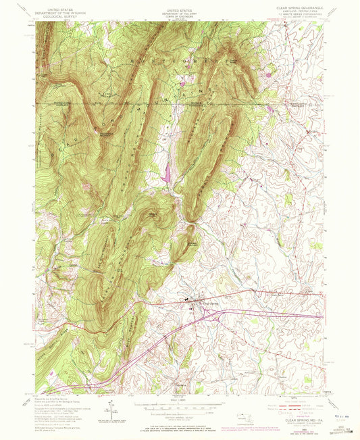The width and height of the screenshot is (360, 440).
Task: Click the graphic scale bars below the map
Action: [179, 408]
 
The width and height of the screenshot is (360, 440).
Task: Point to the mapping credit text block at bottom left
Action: [64, 412]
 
